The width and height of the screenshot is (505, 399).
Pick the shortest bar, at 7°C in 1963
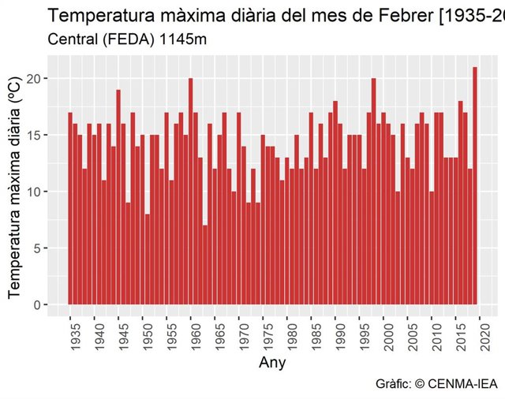[x=205, y=265]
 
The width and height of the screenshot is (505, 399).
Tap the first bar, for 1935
[x=70, y=209]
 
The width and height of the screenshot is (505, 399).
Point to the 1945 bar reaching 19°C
[x=118, y=197]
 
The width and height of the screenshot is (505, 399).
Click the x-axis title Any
[x=272, y=364]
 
